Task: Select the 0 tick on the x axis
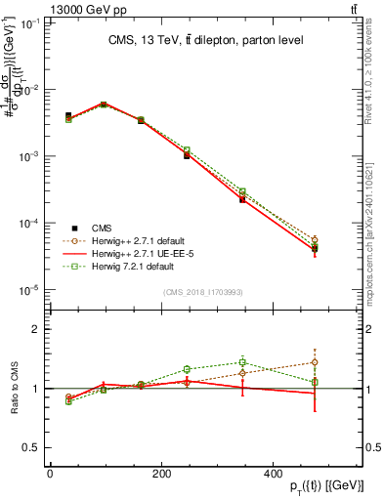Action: pyautogui.click(x=50, y=473)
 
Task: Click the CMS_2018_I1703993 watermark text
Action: pyautogui.click(x=203, y=292)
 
